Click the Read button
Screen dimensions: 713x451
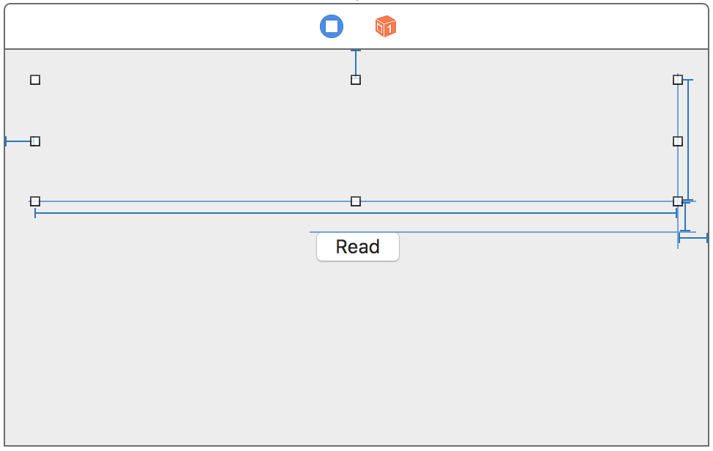pyautogui.click(x=358, y=247)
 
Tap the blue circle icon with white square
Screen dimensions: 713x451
pyautogui.click(x=332, y=27)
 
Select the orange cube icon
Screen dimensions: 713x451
pyautogui.click(x=385, y=27)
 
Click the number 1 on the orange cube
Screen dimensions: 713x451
pyautogui.click(x=389, y=29)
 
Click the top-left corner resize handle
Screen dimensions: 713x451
pyautogui.click(x=35, y=80)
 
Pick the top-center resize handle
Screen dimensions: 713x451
pyautogui.click(x=356, y=80)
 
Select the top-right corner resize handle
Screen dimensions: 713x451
pyautogui.click(x=678, y=80)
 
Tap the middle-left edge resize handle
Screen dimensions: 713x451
pyautogui.click(x=35, y=141)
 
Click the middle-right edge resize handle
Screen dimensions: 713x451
pyautogui.click(x=678, y=141)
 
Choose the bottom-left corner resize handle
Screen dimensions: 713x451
pyautogui.click(x=35, y=201)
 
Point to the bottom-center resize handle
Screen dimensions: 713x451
pyautogui.click(x=356, y=201)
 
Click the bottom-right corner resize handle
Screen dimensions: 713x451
pyautogui.click(x=678, y=201)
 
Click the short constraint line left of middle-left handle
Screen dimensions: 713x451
pyautogui.click(x=18, y=141)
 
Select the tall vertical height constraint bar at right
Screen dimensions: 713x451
pyautogui.click(x=688, y=139)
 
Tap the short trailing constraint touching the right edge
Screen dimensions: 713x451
pyautogui.click(x=693, y=237)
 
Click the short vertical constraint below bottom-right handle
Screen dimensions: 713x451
pyautogui.click(x=684, y=218)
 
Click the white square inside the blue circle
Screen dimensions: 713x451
pyautogui.click(x=332, y=27)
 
